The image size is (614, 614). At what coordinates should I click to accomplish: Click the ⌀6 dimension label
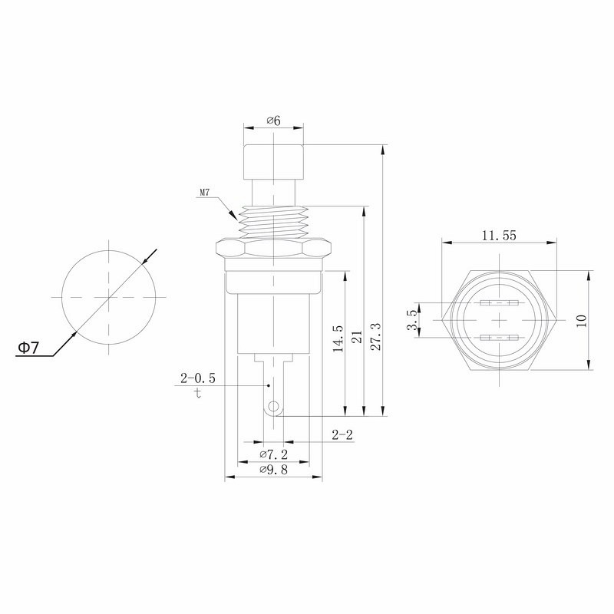[x=274, y=120]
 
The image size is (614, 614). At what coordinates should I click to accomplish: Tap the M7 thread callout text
[x=205, y=193]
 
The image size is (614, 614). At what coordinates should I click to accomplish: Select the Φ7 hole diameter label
[x=28, y=348]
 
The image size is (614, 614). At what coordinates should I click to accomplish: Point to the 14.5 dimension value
[x=338, y=338]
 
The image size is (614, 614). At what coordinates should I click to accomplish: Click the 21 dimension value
[x=357, y=337]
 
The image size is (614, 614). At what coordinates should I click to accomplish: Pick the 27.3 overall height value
[x=375, y=336]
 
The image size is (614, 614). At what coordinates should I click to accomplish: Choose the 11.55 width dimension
[x=499, y=236]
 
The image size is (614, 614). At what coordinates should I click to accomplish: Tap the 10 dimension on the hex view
[x=582, y=320]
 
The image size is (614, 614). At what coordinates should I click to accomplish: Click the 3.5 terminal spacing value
[x=413, y=320]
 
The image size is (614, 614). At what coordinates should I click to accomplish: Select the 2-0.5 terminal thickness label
[x=198, y=378]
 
